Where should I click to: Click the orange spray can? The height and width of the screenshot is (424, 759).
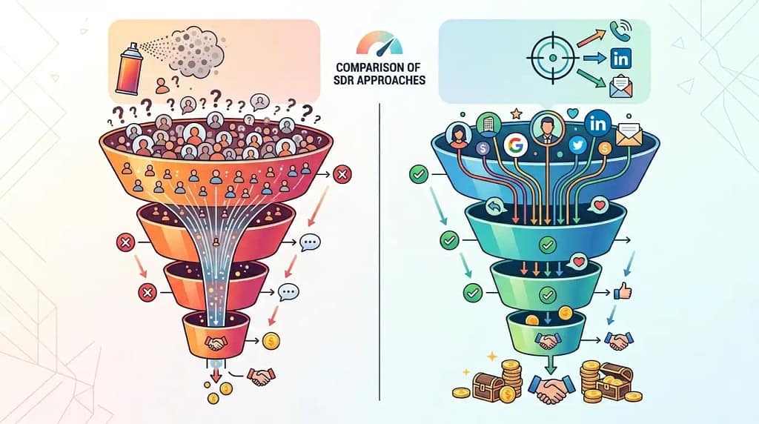[x=129, y=68]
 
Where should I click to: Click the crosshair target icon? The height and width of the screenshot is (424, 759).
[x=553, y=58]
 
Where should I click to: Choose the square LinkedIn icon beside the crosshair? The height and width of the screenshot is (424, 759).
[x=620, y=59]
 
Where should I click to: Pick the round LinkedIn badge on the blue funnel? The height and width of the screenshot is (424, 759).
[x=598, y=124]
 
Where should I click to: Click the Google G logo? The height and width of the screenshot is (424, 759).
[x=516, y=145]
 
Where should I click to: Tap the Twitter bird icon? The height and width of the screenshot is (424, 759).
[x=577, y=145]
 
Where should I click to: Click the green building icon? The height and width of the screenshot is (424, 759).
[x=488, y=124]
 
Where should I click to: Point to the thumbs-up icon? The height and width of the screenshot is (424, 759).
[x=623, y=291]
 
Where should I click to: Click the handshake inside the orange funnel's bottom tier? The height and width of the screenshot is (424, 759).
[x=216, y=342]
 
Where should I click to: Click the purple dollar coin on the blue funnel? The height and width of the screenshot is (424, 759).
[x=483, y=148]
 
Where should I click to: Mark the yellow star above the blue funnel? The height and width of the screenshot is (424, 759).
[x=516, y=113]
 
